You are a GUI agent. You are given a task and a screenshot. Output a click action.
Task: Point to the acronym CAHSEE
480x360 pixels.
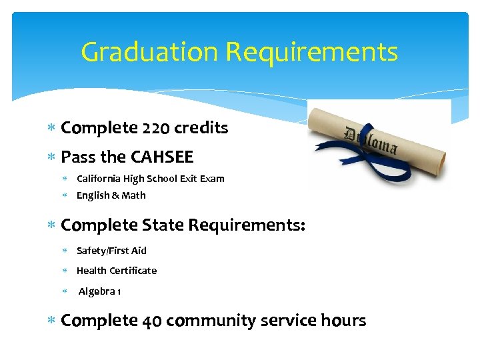point(162,157)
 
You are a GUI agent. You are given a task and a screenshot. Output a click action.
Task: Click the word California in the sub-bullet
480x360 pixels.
point(99,179)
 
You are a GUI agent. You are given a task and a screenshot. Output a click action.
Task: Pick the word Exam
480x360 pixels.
point(213,179)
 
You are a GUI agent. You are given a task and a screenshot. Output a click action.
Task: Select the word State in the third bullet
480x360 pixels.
point(163,225)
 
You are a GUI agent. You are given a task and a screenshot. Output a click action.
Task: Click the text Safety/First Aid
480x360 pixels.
point(111,251)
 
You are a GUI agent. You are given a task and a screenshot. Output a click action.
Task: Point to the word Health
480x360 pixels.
point(91,271)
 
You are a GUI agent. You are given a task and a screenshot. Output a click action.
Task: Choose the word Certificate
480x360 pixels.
point(133,271)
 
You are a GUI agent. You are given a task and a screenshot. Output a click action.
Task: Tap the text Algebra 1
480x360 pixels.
point(99,292)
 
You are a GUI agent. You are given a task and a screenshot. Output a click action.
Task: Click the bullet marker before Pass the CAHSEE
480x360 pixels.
point(53,158)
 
